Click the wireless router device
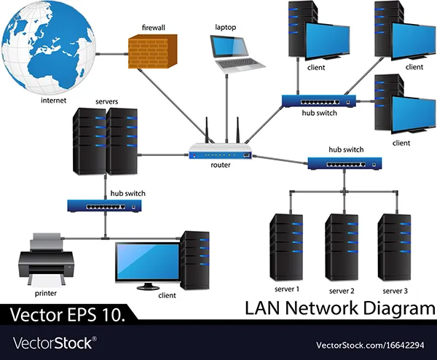tap(220, 152)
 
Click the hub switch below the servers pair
tap(105, 206)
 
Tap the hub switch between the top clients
tap(318, 101)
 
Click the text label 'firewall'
tap(153, 28)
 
